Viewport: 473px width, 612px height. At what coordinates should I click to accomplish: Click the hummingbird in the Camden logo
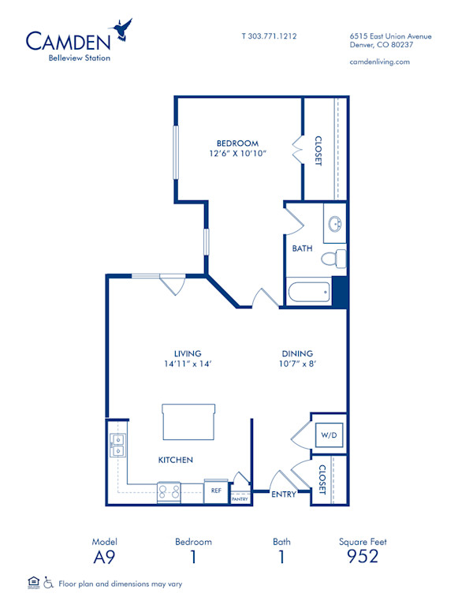tap(122, 30)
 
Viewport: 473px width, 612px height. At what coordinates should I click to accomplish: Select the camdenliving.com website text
tap(379, 62)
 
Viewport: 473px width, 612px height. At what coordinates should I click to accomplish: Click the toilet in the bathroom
tap(337, 258)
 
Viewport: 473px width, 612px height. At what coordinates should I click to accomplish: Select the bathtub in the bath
tap(310, 293)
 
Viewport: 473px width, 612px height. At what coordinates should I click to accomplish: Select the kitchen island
tap(188, 422)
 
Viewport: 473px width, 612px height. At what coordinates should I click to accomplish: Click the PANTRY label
tap(240, 498)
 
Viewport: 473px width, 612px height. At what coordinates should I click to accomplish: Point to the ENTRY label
tap(283, 494)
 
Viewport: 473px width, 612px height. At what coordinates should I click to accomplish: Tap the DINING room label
tap(297, 353)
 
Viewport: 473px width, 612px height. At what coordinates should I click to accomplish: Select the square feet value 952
tap(363, 557)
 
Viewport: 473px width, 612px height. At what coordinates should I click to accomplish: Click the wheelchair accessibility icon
tap(48, 584)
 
